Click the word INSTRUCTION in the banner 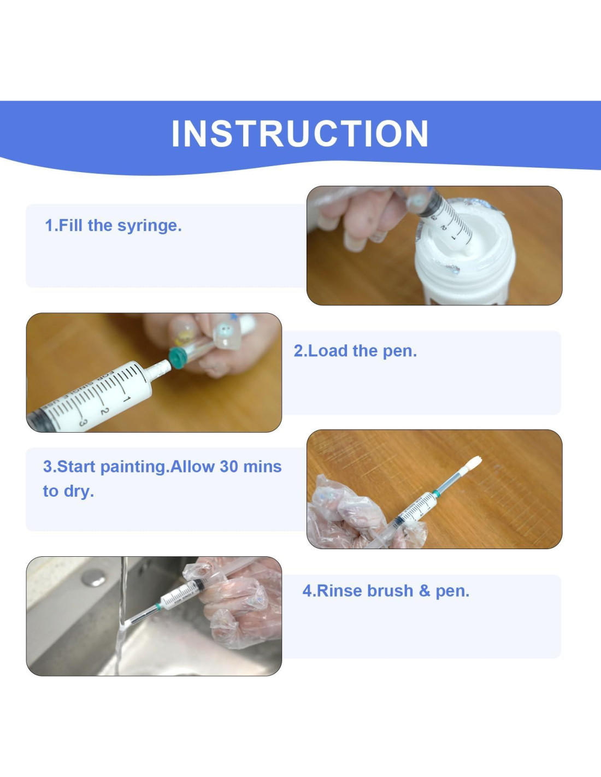pyautogui.click(x=300, y=133)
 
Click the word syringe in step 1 pyautogui.click(x=150, y=226)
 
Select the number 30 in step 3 pyautogui.click(x=229, y=466)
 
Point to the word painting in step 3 pyautogui.click(x=133, y=467)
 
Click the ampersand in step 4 pyautogui.click(x=425, y=591)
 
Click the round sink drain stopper pyautogui.click(x=93, y=578)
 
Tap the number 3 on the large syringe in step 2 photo pyautogui.click(x=83, y=422)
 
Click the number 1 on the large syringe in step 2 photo pyautogui.click(x=126, y=398)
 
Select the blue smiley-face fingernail pyautogui.click(x=224, y=335)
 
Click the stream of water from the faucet pyautogui.click(x=121, y=615)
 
